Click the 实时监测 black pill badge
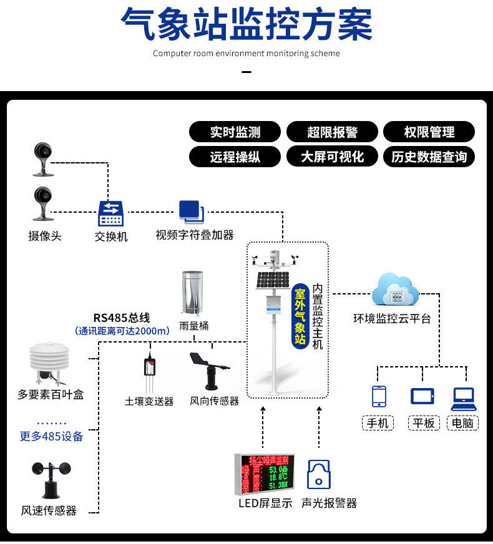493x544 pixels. [x=235, y=132]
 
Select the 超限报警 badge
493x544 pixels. [x=332, y=132]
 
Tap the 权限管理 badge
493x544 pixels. [x=429, y=132]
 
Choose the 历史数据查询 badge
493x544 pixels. [x=429, y=157]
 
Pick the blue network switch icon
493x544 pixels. [x=110, y=214]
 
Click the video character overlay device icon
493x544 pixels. [x=191, y=212]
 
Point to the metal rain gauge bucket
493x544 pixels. [x=193, y=292]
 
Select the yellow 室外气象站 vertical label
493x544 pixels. [x=300, y=316]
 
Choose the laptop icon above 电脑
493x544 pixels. [x=463, y=397]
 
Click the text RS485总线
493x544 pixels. [x=122, y=318]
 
